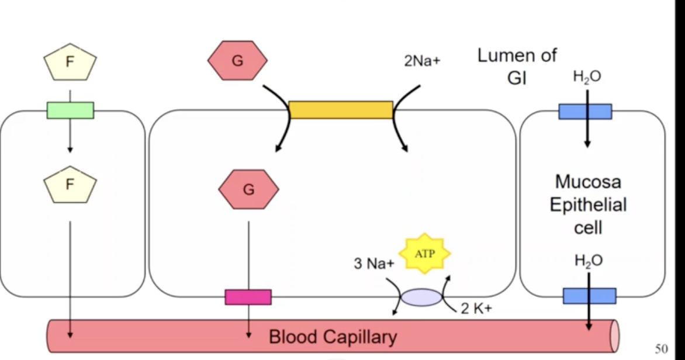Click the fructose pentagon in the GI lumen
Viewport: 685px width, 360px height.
(70, 62)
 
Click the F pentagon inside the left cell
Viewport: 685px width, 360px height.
(70, 185)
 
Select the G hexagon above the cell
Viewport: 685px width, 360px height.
(237, 60)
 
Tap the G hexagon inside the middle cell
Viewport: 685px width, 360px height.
(248, 189)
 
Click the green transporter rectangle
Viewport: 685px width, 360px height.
(70, 110)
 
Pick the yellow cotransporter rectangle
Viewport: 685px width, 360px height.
(341, 110)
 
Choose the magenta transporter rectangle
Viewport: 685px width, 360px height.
(248, 297)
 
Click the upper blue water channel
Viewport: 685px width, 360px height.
(585, 111)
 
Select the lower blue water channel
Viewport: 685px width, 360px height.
(589, 296)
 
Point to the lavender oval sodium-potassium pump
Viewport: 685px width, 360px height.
(421, 297)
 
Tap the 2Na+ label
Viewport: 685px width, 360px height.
(421, 61)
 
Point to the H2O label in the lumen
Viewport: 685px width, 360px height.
(587, 77)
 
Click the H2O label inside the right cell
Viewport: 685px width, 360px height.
(588, 261)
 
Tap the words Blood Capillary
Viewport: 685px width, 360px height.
(333, 337)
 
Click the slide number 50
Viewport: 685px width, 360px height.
(661, 349)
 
